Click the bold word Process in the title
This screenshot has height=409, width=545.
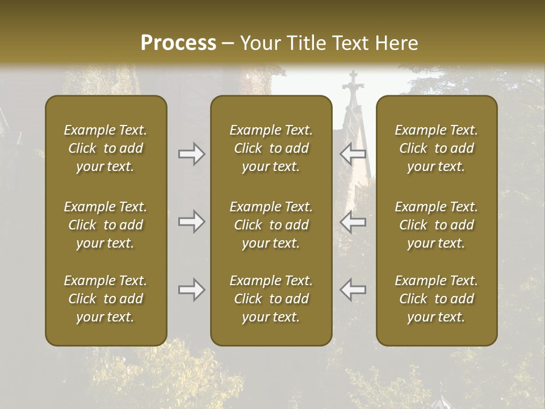pyautogui.click(x=178, y=43)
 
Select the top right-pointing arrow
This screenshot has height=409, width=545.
pyautogui.click(x=191, y=154)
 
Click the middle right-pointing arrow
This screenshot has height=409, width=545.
pyautogui.click(x=191, y=222)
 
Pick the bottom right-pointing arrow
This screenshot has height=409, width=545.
pyautogui.click(x=191, y=290)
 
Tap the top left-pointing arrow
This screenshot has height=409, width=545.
pyautogui.click(x=353, y=154)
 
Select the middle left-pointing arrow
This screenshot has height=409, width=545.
pyautogui.click(x=353, y=222)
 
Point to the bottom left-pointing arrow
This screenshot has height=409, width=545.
pyautogui.click(x=353, y=290)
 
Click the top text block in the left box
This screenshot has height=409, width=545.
pyautogui.click(x=106, y=148)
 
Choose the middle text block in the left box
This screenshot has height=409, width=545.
pyautogui.click(x=106, y=225)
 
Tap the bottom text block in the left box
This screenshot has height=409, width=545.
pyautogui.click(x=106, y=299)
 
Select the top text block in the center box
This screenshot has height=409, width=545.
pyautogui.click(x=271, y=148)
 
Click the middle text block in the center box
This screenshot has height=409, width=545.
pyautogui.click(x=271, y=225)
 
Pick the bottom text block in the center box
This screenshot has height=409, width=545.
pyautogui.click(x=271, y=299)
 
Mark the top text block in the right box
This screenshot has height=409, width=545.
pyautogui.click(x=436, y=148)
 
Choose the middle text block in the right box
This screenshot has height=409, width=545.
pyautogui.click(x=436, y=225)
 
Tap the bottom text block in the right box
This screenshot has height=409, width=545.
pyautogui.click(x=436, y=299)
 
